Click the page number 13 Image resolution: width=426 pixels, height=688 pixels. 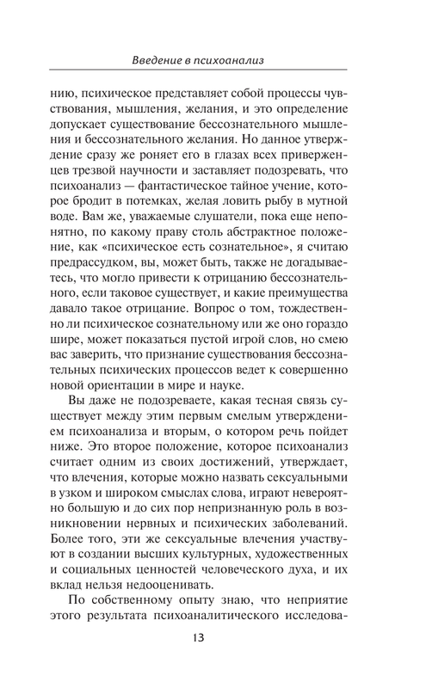[x=213, y=637]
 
